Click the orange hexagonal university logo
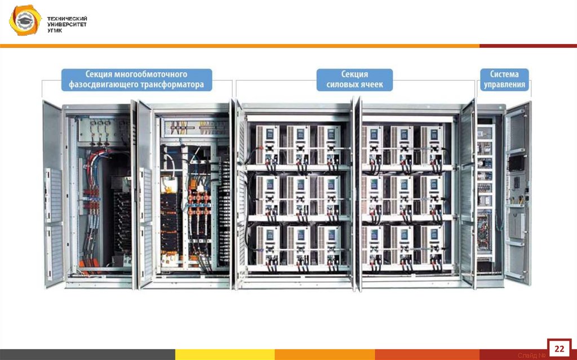click(x=24, y=22)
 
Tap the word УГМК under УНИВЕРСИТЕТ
click(x=55, y=30)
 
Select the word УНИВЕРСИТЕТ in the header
click(x=66, y=25)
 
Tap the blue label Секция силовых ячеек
click(x=354, y=79)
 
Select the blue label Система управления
click(x=504, y=79)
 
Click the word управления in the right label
click(x=504, y=85)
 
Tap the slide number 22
click(x=560, y=347)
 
